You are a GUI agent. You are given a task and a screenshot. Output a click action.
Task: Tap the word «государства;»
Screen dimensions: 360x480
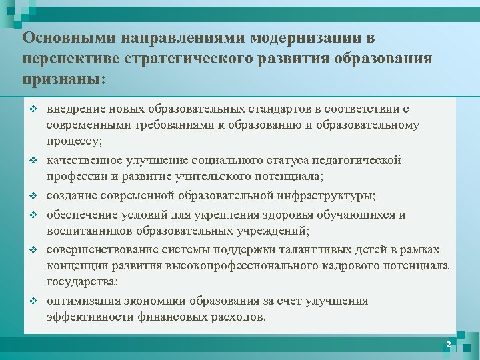coord(83,283)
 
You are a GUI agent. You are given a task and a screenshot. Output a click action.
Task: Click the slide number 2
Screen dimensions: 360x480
coord(448,344)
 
